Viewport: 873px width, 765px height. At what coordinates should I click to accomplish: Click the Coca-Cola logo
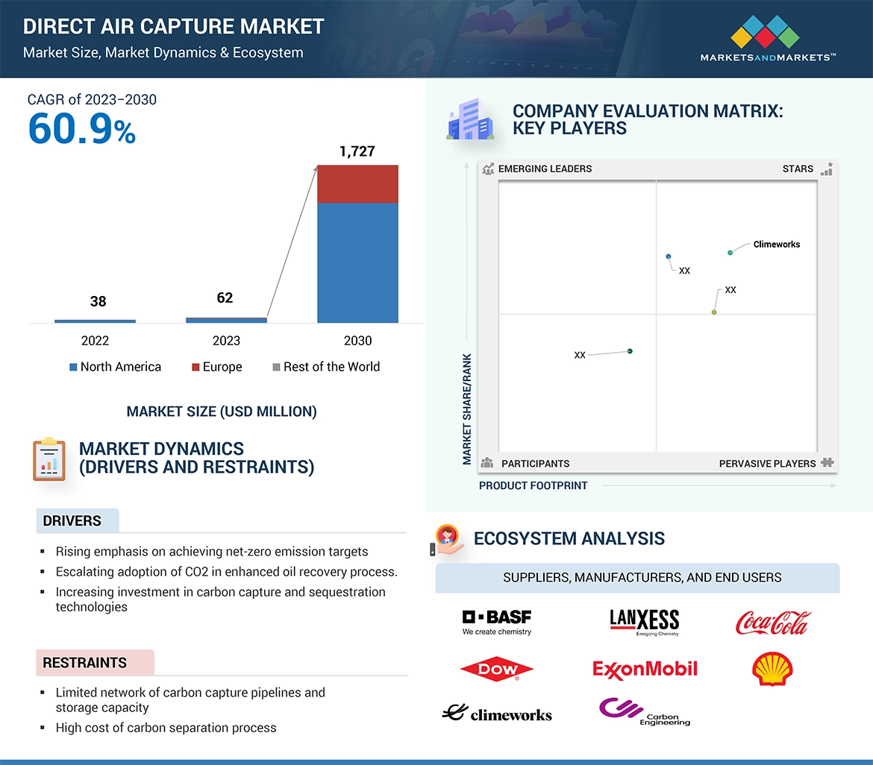(772, 622)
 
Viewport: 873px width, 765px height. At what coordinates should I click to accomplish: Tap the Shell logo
(772, 669)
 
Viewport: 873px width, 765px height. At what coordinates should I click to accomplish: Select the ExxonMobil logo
(645, 669)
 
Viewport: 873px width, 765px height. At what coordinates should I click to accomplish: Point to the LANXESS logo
(645, 622)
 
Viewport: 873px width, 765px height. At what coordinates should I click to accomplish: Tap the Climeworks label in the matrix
(776, 244)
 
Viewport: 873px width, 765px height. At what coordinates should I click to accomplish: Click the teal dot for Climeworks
(730, 253)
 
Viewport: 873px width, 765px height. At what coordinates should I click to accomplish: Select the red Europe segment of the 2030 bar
(357, 184)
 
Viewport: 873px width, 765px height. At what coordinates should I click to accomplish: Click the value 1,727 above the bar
(357, 151)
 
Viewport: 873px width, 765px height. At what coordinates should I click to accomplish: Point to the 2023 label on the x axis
(226, 341)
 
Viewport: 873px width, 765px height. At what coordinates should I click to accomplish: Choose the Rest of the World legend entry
(326, 367)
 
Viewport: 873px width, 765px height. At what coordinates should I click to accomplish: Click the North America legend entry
(115, 367)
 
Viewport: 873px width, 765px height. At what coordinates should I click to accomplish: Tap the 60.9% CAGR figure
(82, 128)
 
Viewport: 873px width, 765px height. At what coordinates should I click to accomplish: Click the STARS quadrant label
(798, 169)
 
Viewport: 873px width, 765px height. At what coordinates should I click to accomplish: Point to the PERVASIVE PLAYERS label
(767, 463)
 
